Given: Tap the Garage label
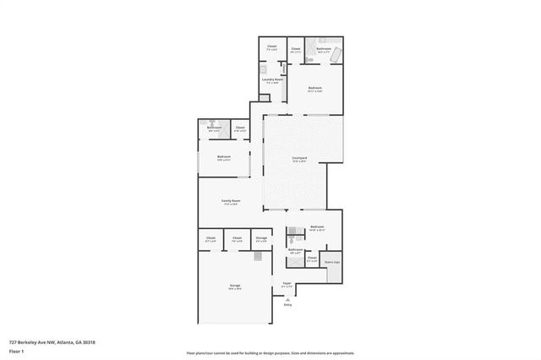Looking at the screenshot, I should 234,286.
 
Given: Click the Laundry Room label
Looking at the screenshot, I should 272,81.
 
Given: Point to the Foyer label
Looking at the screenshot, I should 287,285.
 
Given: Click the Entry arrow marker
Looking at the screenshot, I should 287,299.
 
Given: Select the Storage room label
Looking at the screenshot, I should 261,239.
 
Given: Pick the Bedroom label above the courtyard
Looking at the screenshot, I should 315,89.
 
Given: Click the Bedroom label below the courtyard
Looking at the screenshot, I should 317,227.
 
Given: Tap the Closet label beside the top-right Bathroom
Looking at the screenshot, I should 295,49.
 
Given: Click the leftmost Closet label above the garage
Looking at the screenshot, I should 210,239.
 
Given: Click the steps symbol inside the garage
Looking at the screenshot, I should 260,256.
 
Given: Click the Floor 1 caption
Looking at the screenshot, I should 16,350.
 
